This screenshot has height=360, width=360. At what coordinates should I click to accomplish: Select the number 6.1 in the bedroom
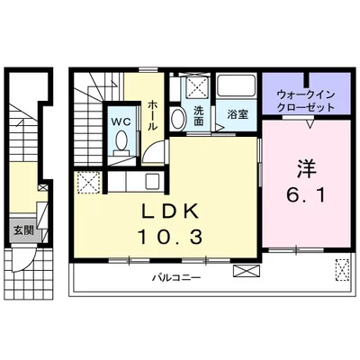(x=303, y=194)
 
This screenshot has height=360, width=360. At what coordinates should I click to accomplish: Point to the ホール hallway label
(x=152, y=114)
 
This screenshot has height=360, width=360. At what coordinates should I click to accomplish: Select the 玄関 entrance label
(x=21, y=229)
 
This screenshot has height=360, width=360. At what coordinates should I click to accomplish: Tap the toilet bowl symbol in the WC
(x=121, y=141)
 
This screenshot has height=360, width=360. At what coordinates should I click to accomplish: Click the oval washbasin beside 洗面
(x=179, y=119)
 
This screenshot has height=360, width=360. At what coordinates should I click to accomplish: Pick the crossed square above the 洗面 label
(x=198, y=89)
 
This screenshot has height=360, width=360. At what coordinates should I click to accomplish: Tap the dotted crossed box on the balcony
(x=343, y=269)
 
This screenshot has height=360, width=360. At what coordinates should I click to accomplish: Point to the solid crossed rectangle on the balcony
(x=244, y=270)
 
